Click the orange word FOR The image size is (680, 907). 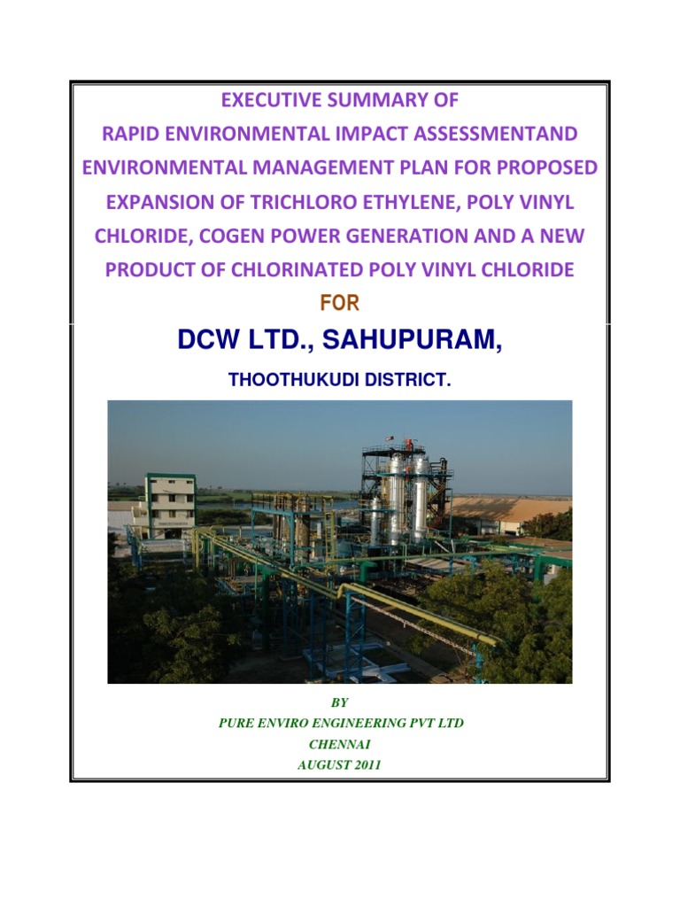tap(339, 305)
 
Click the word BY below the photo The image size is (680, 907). tap(340, 702)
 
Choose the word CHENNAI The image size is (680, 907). tap(339, 745)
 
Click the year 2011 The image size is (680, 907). tap(366, 765)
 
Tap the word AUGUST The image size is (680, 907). tap(322, 765)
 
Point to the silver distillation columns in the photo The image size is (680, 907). tap(406, 496)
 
